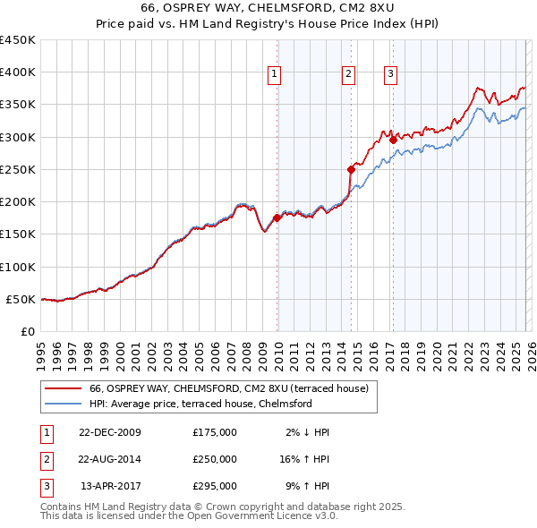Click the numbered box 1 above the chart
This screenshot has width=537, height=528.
(x=274, y=74)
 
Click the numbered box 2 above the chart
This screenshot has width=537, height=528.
(x=348, y=74)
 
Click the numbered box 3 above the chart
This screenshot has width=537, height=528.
(x=390, y=74)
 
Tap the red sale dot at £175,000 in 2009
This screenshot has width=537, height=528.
(x=277, y=217)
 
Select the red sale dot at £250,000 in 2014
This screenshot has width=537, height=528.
(x=351, y=168)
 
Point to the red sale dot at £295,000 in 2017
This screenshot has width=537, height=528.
(x=393, y=140)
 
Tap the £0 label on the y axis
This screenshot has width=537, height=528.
(x=27, y=331)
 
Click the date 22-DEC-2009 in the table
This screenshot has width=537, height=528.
(x=110, y=432)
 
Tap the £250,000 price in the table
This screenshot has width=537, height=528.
(x=214, y=459)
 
